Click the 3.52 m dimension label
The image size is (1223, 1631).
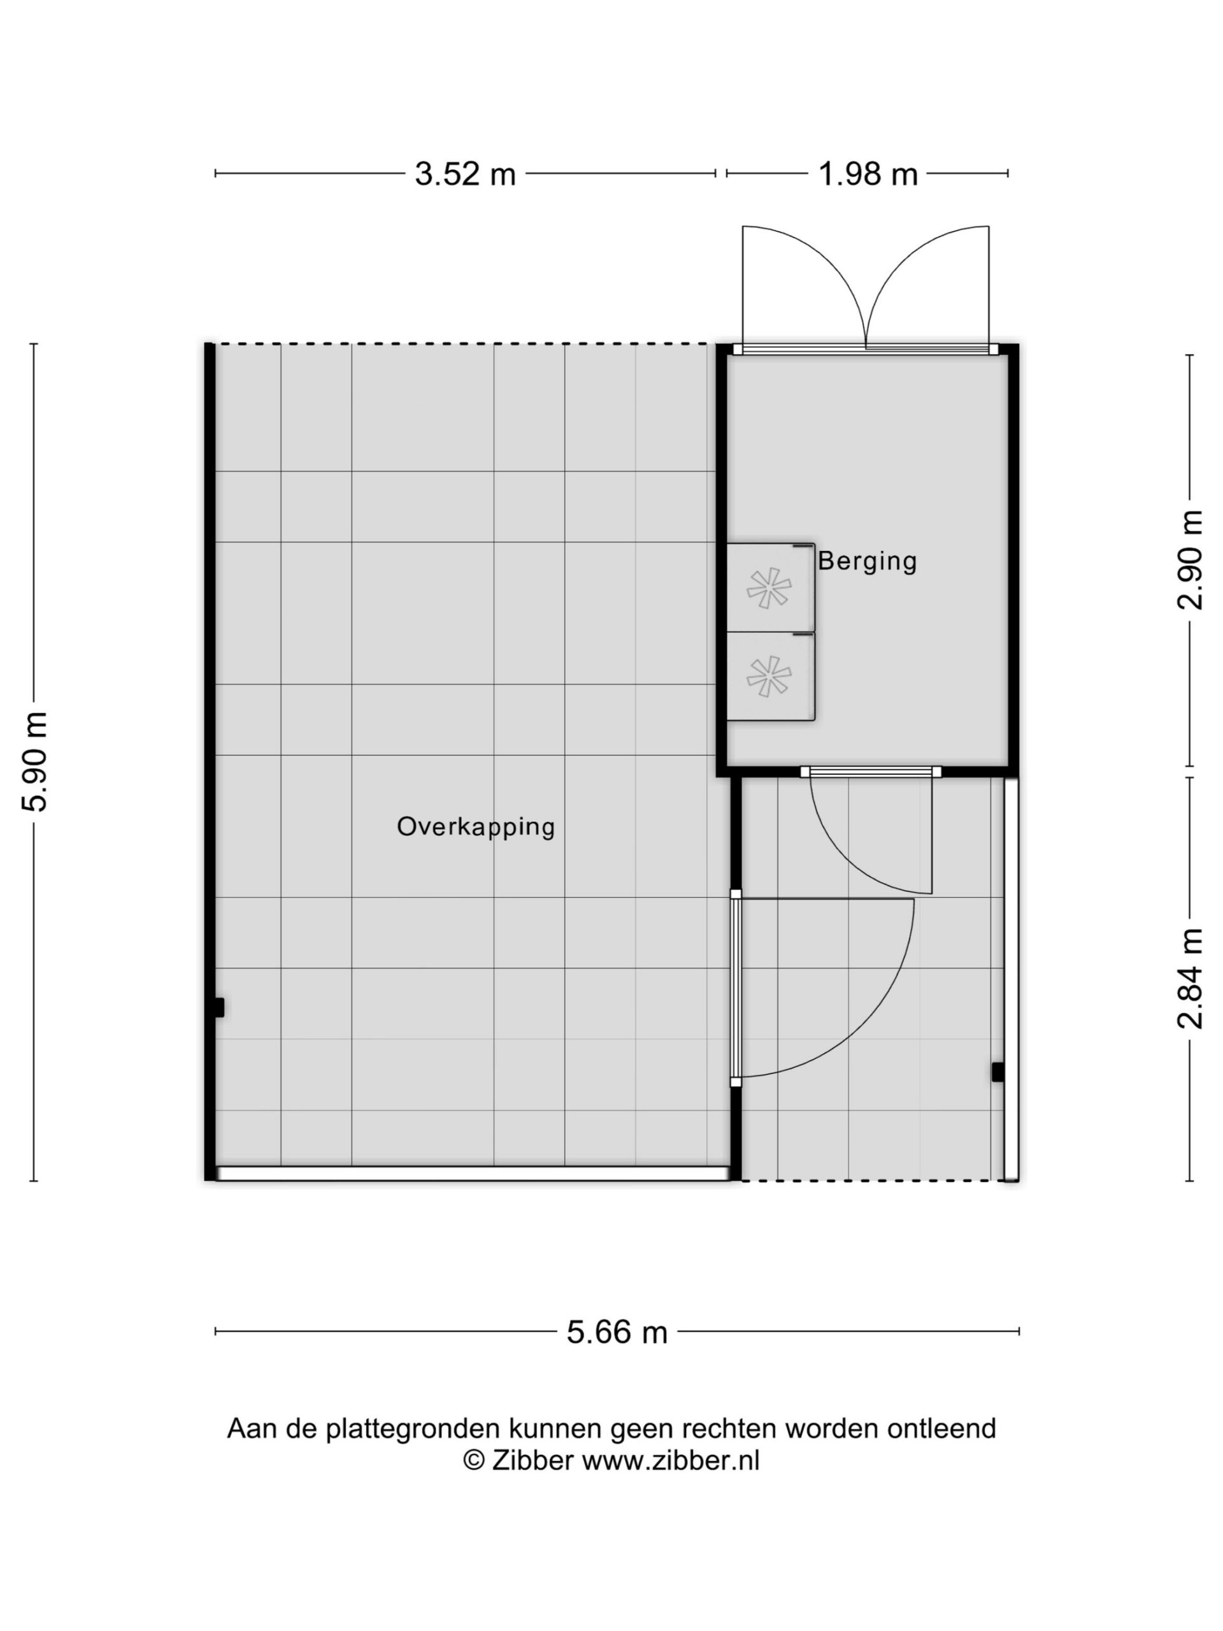pos(465,174)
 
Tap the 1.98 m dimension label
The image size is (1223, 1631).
pos(868,174)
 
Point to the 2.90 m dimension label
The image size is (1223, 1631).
pos(1189,559)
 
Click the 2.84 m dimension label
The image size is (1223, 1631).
pos(1189,978)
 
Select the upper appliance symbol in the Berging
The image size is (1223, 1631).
pos(769,587)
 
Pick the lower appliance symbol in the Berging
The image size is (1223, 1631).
pos(769,676)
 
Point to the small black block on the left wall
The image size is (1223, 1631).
pos(218,1007)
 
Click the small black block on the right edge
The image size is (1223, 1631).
pos(998,1072)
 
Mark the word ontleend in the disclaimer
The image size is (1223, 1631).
pos(941,1428)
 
